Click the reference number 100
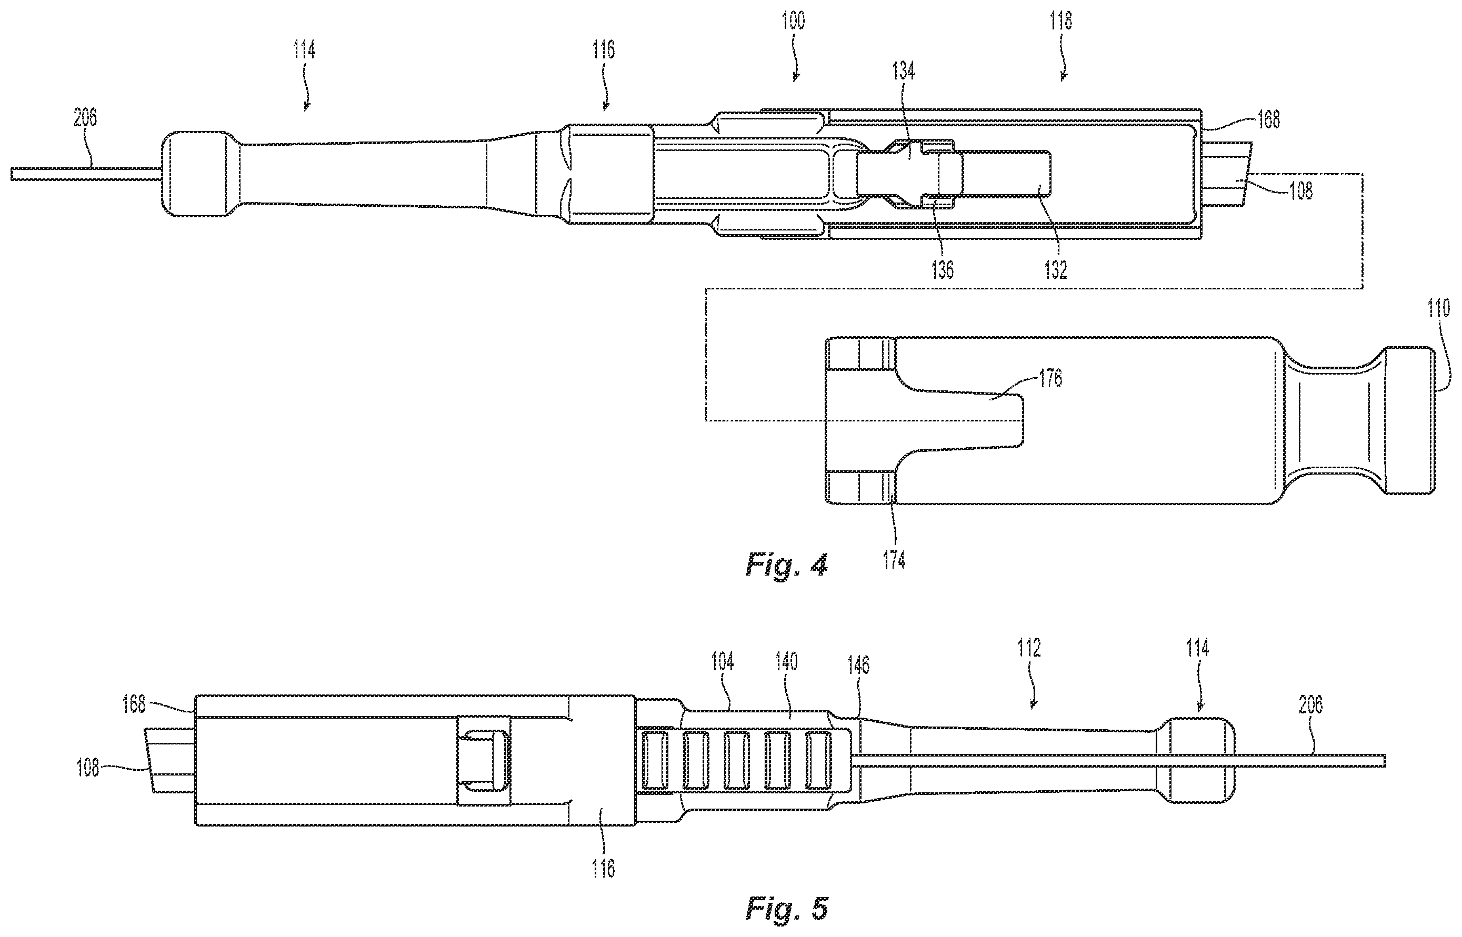coord(793,21)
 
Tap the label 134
coord(903,72)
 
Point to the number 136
coord(942,269)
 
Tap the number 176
coord(1050,378)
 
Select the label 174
coord(894,560)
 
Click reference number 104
coord(723,661)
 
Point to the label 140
coord(786,661)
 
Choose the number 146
coord(858,666)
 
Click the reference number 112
coord(1029,648)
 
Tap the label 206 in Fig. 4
coord(85,118)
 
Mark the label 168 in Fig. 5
coord(134,704)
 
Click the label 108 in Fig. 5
coord(88,769)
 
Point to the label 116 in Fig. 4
coord(603,50)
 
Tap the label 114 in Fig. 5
coord(1197,648)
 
